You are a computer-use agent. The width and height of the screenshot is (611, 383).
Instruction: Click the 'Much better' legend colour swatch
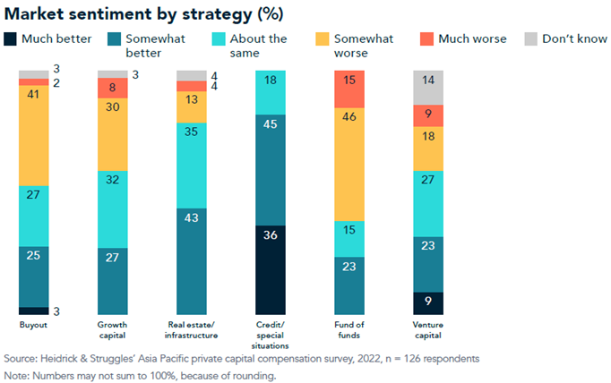(12, 38)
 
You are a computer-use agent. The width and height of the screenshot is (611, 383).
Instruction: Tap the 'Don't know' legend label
(571, 38)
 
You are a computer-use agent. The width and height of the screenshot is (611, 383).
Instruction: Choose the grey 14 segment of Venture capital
(427, 87)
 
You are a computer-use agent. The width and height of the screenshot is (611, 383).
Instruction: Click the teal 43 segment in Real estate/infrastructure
(191, 260)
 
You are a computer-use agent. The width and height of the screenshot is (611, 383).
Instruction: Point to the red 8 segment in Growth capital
(112, 88)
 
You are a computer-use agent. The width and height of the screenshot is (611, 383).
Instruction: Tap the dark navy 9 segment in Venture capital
(427, 302)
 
